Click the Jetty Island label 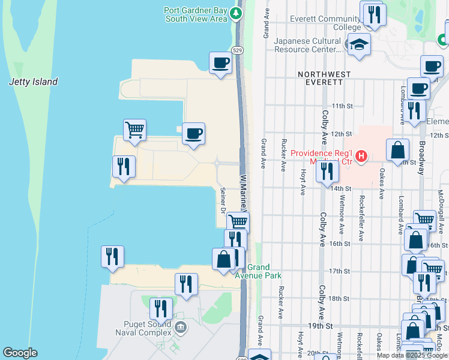(34, 82)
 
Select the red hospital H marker (361, 157)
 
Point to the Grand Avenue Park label (265, 271)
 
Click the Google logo (20, 353)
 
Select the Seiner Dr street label (222, 200)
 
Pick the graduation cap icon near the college (360, 44)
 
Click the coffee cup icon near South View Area (220, 62)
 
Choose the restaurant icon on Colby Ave (327, 170)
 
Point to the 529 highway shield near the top (238, 50)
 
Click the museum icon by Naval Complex (180, 327)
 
